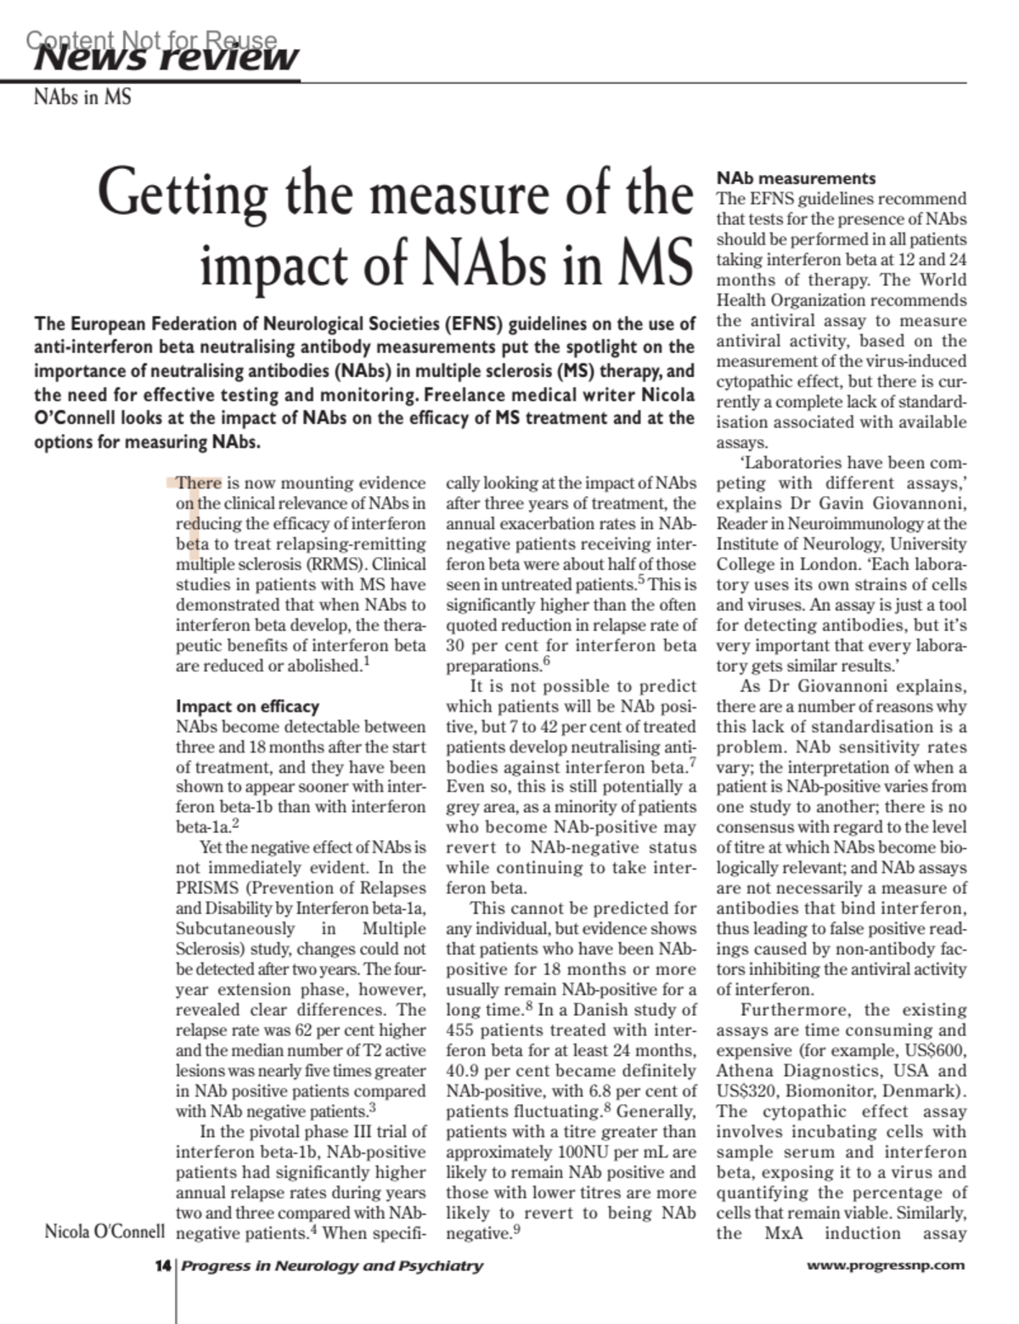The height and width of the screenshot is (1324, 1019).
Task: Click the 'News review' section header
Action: pos(166,57)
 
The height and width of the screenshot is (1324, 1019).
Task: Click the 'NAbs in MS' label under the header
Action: pos(82,97)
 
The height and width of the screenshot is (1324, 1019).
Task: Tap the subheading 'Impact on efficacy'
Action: pos(247,707)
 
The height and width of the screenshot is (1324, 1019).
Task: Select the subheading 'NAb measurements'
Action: pos(796,178)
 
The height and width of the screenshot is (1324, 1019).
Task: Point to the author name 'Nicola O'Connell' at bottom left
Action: pos(104,1231)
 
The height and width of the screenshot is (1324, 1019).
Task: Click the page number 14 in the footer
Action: pos(162,1265)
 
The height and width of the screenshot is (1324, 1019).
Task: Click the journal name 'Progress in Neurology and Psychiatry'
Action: pos(332,1265)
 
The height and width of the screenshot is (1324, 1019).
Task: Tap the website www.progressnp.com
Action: pos(886,1265)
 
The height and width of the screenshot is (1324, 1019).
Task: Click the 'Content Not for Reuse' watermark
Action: pos(151,40)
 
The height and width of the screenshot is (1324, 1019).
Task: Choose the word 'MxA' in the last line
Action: pos(784,1233)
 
